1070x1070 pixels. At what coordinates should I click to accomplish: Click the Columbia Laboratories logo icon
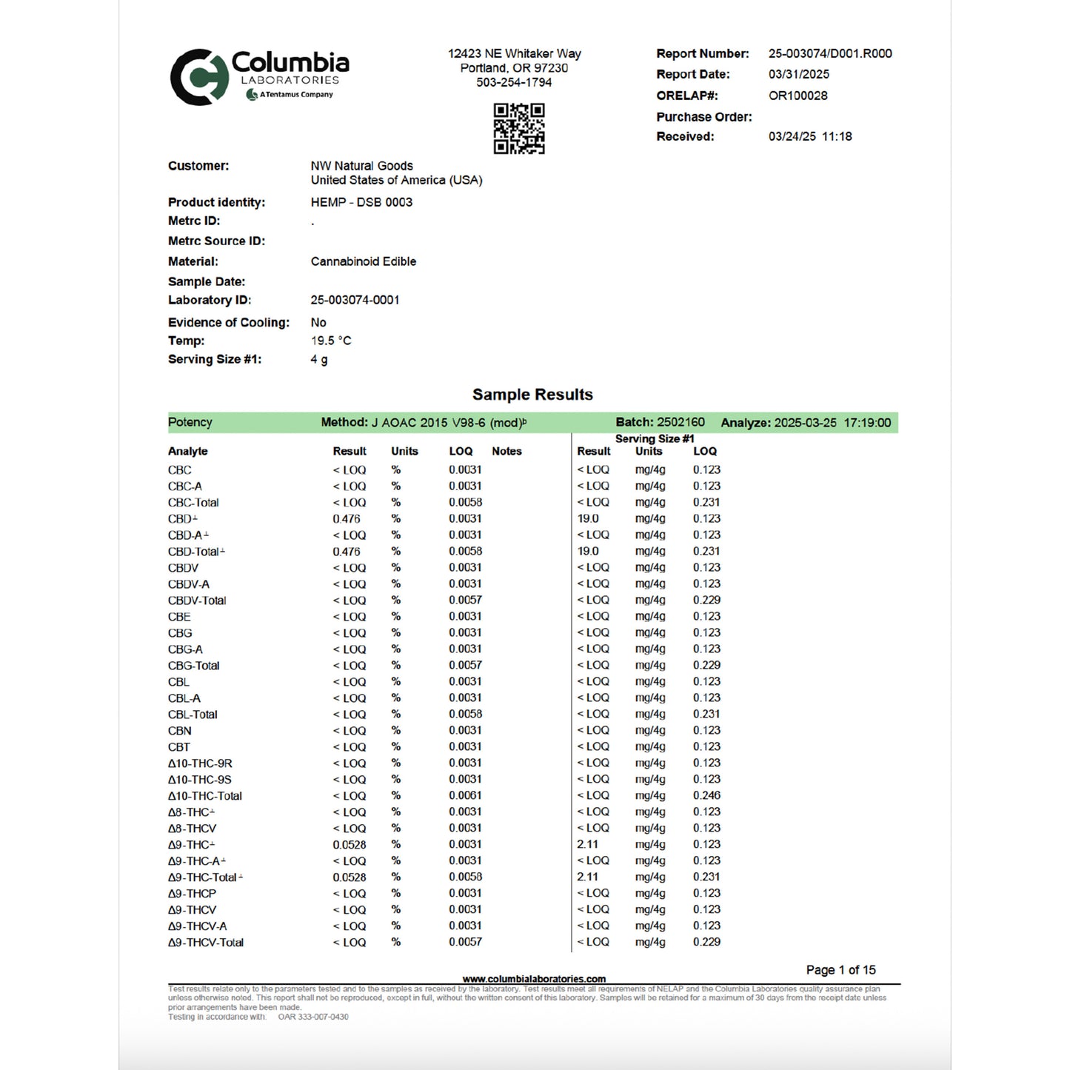point(198,77)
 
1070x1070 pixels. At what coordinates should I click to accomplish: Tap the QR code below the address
point(519,129)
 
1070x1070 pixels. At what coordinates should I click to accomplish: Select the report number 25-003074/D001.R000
point(829,53)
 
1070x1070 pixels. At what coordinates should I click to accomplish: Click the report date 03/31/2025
point(798,74)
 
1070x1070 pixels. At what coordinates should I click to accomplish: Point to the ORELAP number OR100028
point(798,96)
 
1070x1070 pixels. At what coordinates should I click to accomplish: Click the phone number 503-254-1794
point(514,82)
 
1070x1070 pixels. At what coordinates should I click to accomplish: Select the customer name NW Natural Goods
point(361,166)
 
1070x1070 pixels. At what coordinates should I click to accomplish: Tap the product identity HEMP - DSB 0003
point(361,202)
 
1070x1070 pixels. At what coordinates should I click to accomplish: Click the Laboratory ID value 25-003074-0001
point(355,300)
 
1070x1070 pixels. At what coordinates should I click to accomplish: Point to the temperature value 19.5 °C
point(330,341)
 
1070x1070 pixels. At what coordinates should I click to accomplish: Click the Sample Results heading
point(532,395)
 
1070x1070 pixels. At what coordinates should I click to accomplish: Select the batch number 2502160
point(681,422)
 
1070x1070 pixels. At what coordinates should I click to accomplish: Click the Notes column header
point(506,451)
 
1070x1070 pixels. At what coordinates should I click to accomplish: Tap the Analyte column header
point(187,451)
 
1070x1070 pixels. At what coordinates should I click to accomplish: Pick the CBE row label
point(179,617)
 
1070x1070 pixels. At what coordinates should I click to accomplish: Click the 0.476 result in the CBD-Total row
point(346,552)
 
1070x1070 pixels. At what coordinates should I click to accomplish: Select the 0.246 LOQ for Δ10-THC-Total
point(706,796)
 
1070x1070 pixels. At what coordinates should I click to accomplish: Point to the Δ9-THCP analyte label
point(192,894)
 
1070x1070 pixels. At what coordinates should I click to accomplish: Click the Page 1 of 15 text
point(840,970)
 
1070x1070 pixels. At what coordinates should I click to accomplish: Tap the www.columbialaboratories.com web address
point(534,979)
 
